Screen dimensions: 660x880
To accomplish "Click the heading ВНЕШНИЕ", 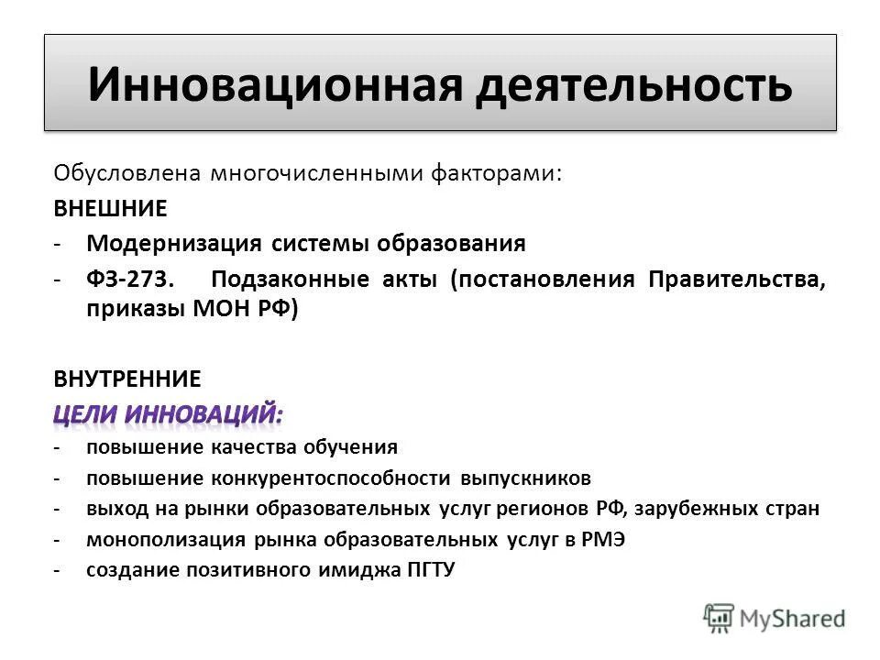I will [110, 209].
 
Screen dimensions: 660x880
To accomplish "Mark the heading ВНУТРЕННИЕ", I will [126, 378].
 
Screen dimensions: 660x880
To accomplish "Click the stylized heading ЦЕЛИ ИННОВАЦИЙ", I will [168, 414].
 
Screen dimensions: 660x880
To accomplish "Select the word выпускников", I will [526, 478].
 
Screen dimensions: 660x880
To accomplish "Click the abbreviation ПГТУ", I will [429, 570].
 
